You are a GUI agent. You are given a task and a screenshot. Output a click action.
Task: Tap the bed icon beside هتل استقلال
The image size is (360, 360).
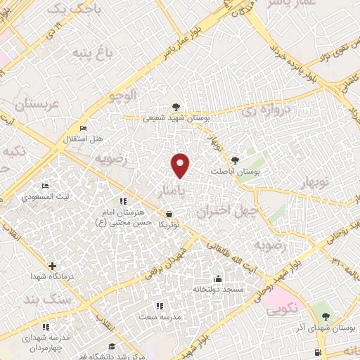click(84, 129)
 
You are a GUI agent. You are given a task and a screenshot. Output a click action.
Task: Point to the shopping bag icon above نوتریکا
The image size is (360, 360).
click(168, 214)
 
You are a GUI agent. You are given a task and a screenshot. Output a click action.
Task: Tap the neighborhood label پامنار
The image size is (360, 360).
click(173, 191)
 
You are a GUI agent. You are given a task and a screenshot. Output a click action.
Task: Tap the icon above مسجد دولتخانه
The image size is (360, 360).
click(218, 278)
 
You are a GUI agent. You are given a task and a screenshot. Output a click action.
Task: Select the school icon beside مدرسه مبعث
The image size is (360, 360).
click(159, 306)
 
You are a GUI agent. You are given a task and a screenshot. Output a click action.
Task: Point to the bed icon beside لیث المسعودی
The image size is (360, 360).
click(45, 186)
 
